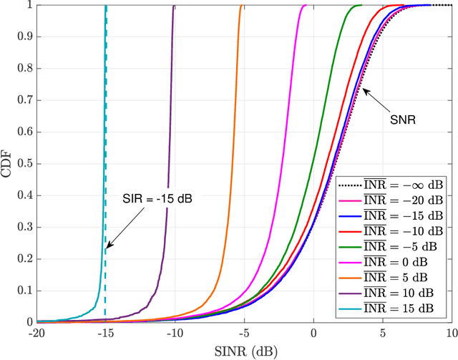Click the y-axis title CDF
pos(8,164)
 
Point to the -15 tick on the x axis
pos(105,334)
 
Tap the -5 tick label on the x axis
pos(243,334)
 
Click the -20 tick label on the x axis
pos(36,334)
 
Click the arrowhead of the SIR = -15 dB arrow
pos(107,248)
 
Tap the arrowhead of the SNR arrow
pos(364,89)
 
